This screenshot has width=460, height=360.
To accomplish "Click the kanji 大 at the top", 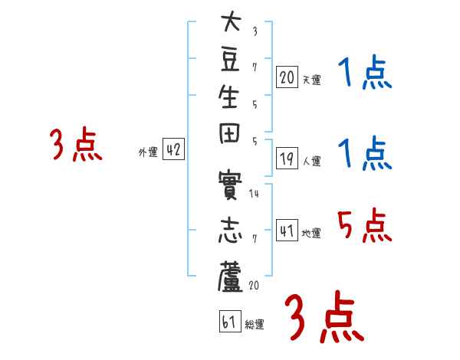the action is [x=232, y=21].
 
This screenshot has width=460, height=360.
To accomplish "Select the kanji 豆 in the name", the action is [x=230, y=60].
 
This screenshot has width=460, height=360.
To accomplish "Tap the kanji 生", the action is [x=228, y=97].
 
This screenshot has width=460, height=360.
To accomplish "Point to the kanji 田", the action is [x=229, y=133].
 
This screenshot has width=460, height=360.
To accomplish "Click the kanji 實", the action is [x=230, y=185].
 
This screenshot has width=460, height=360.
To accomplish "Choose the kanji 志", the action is [x=230, y=230].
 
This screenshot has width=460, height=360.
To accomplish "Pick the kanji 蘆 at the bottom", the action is [x=230, y=277].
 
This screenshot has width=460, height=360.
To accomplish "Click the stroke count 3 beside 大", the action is [x=255, y=31].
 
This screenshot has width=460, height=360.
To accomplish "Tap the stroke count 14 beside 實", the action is [x=254, y=194].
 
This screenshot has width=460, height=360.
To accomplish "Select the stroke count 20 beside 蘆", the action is [x=254, y=285].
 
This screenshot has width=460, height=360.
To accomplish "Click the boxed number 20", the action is [x=287, y=77].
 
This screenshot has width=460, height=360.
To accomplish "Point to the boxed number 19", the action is [x=287, y=159].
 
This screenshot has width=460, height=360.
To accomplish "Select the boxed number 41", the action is [x=287, y=230].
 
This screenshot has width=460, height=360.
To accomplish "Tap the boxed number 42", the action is [x=173, y=149].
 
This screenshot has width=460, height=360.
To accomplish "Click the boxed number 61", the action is [x=230, y=321].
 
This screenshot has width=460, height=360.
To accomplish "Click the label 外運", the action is [x=148, y=152].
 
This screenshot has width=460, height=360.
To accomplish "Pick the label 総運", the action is [x=255, y=325].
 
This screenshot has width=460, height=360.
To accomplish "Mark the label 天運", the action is [x=311, y=80].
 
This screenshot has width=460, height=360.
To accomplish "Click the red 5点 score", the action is [x=364, y=225].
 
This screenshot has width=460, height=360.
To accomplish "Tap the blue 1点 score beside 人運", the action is [x=365, y=152].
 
